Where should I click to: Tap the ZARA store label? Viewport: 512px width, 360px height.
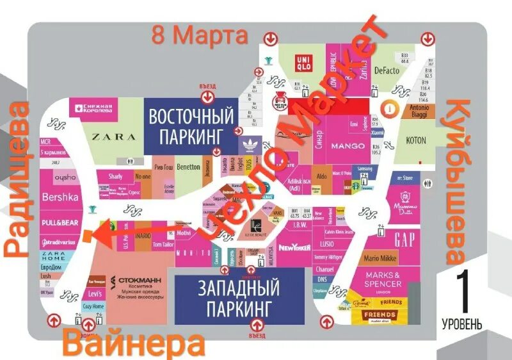[x=114, y=136]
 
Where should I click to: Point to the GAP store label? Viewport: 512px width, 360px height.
[x=404, y=240]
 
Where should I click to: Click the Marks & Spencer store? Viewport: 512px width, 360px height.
[x=384, y=280]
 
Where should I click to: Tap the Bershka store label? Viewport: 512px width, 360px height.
[x=60, y=197]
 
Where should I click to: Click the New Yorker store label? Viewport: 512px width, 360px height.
[x=294, y=248]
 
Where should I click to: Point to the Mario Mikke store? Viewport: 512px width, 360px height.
[x=380, y=259]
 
